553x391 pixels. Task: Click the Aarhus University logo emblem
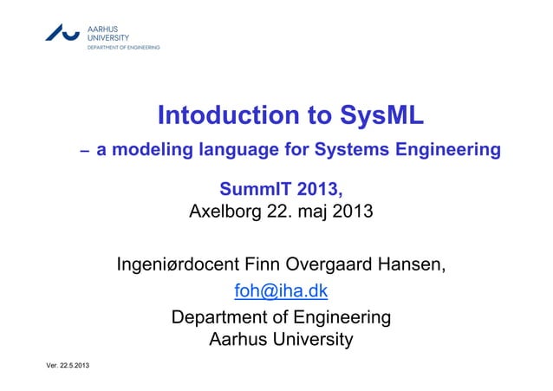point(62,33)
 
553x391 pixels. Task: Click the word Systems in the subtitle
point(342,151)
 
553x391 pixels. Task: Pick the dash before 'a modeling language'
point(84,152)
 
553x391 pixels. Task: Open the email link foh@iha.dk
point(280,290)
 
